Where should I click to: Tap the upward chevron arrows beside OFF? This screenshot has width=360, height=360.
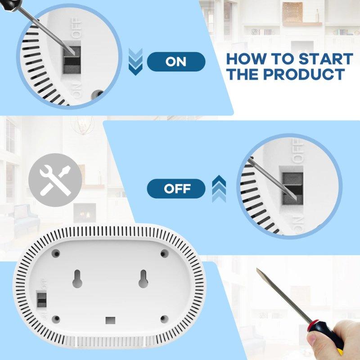pyautogui.click(x=219, y=187)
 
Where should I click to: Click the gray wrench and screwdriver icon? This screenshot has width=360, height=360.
pyautogui.click(x=55, y=179)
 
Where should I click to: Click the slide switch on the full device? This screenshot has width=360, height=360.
pyautogui.click(x=42, y=298)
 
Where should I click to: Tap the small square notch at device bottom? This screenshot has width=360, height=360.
pyautogui.click(x=109, y=320)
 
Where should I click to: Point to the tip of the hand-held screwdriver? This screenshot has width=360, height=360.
pyautogui.click(x=258, y=271)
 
